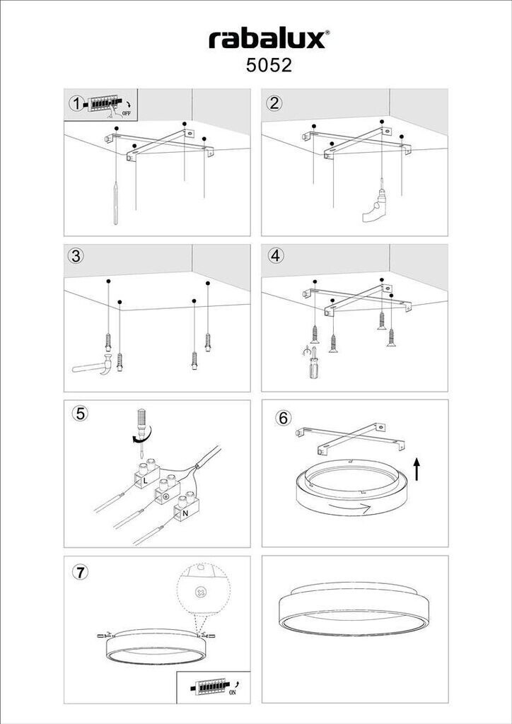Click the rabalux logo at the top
pos(269,40)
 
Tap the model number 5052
pos(269,66)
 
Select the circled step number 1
pos(76,104)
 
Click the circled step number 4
pos(276,255)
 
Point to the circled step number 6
pos(283,418)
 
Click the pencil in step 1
pos(115,203)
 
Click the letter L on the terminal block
pos(145,481)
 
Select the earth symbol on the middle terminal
pos(165,497)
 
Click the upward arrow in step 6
pos(417,469)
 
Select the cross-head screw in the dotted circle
pos(201,592)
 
